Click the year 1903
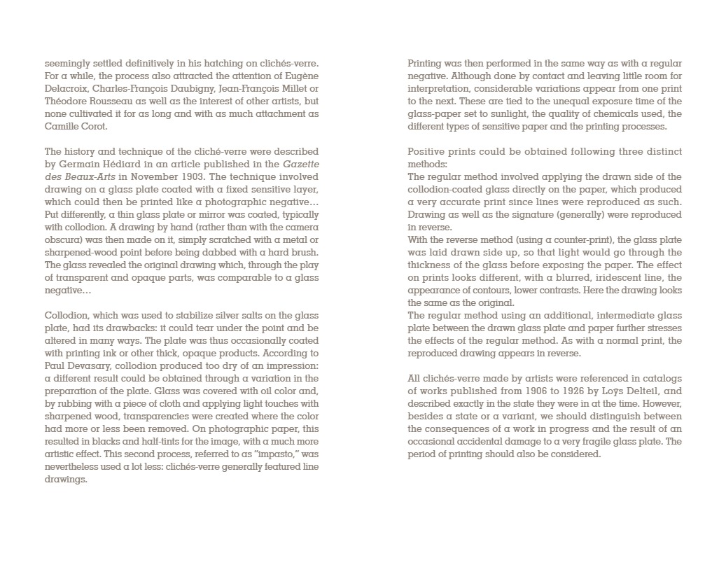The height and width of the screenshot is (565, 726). [x=183, y=177]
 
